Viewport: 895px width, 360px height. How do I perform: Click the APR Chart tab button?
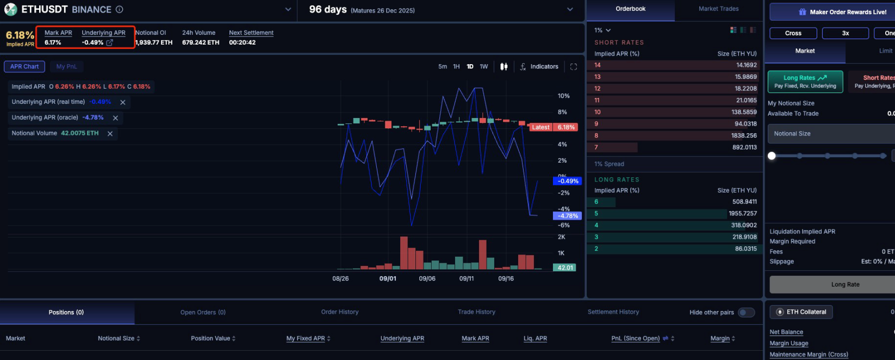click(x=24, y=66)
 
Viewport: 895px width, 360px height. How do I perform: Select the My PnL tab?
click(x=66, y=66)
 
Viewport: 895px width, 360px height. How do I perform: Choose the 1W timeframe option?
click(x=484, y=66)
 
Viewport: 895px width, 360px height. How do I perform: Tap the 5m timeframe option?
click(x=442, y=66)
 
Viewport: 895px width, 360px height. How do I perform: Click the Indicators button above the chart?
click(x=539, y=66)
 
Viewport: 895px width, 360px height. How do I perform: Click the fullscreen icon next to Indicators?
click(x=573, y=67)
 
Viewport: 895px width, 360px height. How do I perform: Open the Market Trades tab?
click(x=718, y=9)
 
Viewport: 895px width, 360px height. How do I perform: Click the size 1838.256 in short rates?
click(x=744, y=135)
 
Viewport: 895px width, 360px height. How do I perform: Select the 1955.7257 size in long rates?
click(x=742, y=213)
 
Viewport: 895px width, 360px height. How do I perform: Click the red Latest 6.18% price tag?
click(x=554, y=127)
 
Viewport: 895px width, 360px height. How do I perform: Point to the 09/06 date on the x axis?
click(x=427, y=278)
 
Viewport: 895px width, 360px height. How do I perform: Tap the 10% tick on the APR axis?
click(x=563, y=96)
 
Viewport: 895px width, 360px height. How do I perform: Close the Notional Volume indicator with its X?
click(x=110, y=133)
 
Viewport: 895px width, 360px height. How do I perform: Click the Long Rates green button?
click(x=805, y=82)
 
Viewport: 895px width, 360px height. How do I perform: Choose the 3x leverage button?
click(x=845, y=33)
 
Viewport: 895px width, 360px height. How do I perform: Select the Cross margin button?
click(x=793, y=33)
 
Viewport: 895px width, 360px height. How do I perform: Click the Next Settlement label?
click(x=251, y=33)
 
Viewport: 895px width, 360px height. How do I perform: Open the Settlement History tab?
click(x=613, y=312)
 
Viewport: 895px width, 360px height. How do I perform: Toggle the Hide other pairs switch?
click(x=746, y=313)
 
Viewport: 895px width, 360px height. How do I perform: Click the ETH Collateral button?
click(x=801, y=312)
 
